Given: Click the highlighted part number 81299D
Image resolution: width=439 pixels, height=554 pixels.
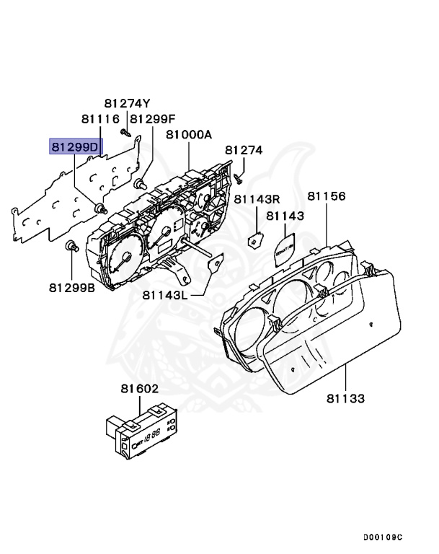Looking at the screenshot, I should click(x=75, y=146).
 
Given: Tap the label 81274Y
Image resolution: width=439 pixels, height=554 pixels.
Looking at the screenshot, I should click(x=127, y=102).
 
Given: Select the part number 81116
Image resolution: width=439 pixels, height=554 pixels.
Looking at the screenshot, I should click(x=99, y=118).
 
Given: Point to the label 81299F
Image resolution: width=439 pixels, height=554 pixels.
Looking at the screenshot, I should click(x=152, y=118).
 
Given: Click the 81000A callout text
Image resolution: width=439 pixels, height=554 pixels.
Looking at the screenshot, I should click(x=189, y=134).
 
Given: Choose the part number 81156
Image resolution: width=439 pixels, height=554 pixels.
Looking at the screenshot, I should click(x=327, y=196).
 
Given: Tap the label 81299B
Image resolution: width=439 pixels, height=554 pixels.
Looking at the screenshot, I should click(x=72, y=287).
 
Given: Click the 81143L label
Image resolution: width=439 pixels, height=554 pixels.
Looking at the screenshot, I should click(x=165, y=294).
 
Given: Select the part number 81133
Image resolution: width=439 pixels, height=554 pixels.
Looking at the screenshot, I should click(x=345, y=397).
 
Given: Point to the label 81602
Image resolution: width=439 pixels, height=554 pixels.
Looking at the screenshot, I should click(x=139, y=389).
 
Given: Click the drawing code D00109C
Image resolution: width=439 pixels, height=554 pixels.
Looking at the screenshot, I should click(x=383, y=537).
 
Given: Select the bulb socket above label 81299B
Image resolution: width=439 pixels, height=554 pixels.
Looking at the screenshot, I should click(x=72, y=247).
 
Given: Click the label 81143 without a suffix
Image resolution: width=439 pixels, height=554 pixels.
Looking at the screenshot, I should click(x=285, y=215).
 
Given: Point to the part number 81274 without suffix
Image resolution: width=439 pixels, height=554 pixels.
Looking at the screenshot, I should click(x=244, y=150).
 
